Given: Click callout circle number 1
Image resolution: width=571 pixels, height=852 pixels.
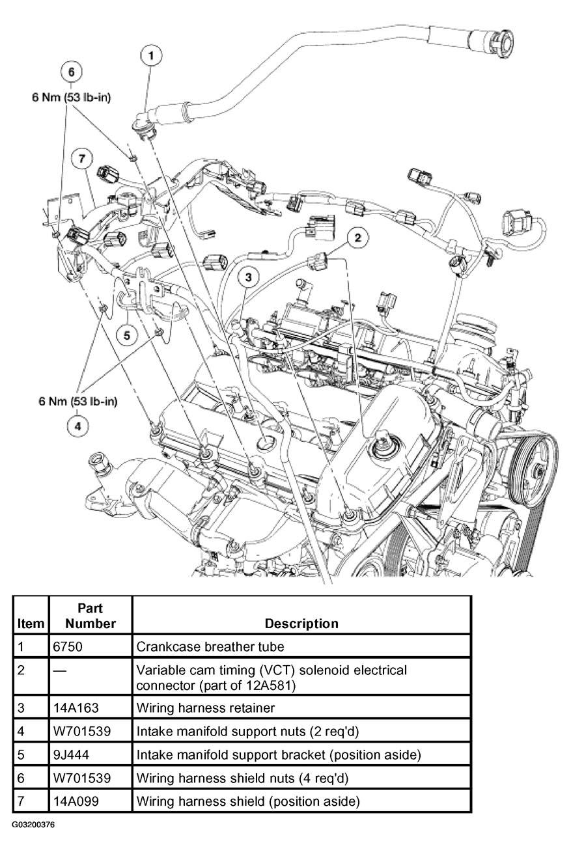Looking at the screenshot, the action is pyautogui.click(x=150, y=56).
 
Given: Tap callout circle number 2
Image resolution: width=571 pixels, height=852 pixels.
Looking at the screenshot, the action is pyautogui.click(x=357, y=238).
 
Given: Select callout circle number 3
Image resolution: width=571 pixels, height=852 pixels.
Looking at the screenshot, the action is pyautogui.click(x=248, y=277).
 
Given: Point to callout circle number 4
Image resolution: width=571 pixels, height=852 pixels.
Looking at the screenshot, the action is pyautogui.click(x=77, y=426).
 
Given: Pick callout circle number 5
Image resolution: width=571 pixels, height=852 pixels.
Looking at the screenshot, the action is pyautogui.click(x=127, y=335).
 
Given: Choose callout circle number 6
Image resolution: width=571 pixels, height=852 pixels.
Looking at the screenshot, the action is pyautogui.click(x=72, y=72).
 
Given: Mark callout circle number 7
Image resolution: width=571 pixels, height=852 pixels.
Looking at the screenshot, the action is pyautogui.click(x=82, y=158).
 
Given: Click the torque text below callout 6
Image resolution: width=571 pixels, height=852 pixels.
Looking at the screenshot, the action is pyautogui.click(x=72, y=98).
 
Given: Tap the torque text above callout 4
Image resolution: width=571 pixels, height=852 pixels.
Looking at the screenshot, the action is pyautogui.click(x=78, y=401).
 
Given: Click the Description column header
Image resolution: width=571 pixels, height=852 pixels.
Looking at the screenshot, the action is pyautogui.click(x=301, y=624).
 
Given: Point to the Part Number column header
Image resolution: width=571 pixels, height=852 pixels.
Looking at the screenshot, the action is pyautogui.click(x=90, y=616).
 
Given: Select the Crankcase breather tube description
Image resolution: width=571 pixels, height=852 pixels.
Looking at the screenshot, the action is pyautogui.click(x=210, y=646).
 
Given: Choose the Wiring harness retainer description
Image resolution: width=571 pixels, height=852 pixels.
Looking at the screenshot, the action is pyautogui.click(x=206, y=708).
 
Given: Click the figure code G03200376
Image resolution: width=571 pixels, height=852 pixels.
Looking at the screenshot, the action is pyautogui.click(x=33, y=825).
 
